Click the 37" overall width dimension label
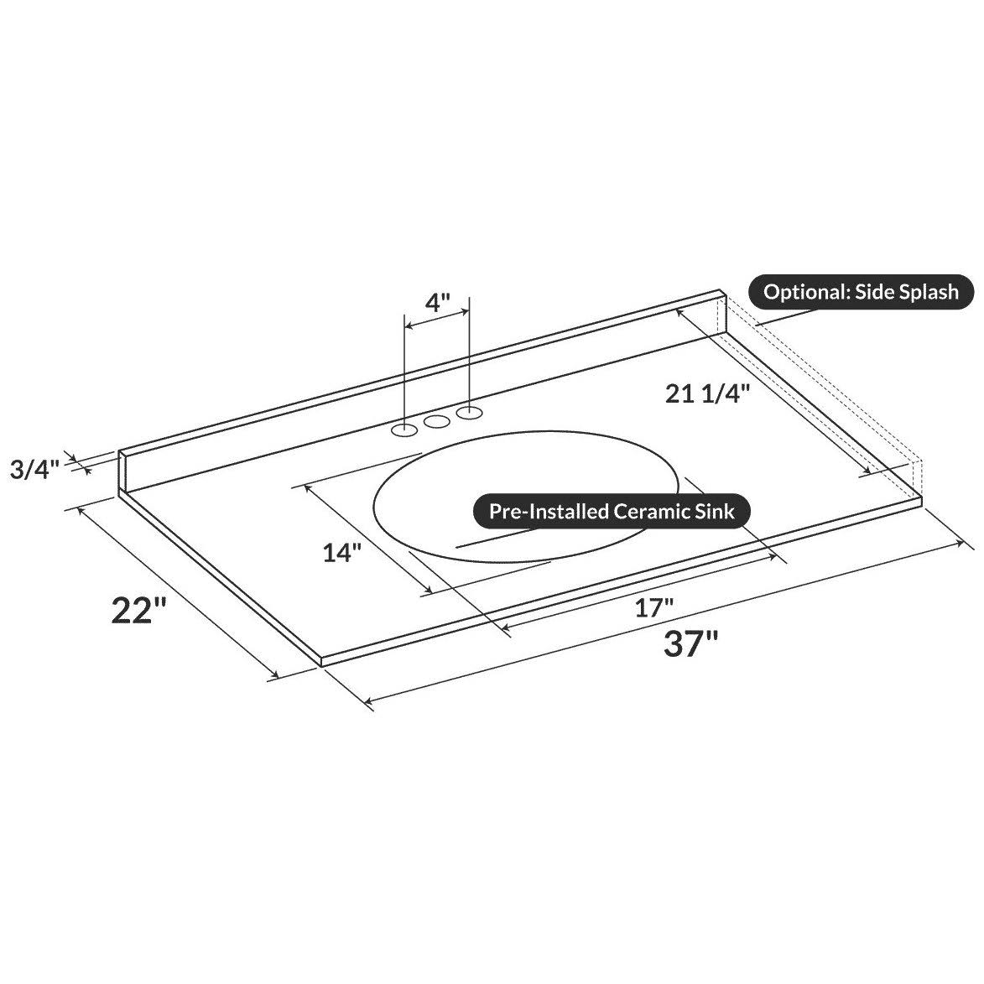coord(690,643)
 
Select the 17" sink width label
coord(654,607)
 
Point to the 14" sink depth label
coord(342,553)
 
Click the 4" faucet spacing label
coord(438,303)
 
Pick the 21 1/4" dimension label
coord(708,393)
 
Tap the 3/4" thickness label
coord(34,469)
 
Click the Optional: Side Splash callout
coord(861,292)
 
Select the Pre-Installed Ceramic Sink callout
coord(612,511)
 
